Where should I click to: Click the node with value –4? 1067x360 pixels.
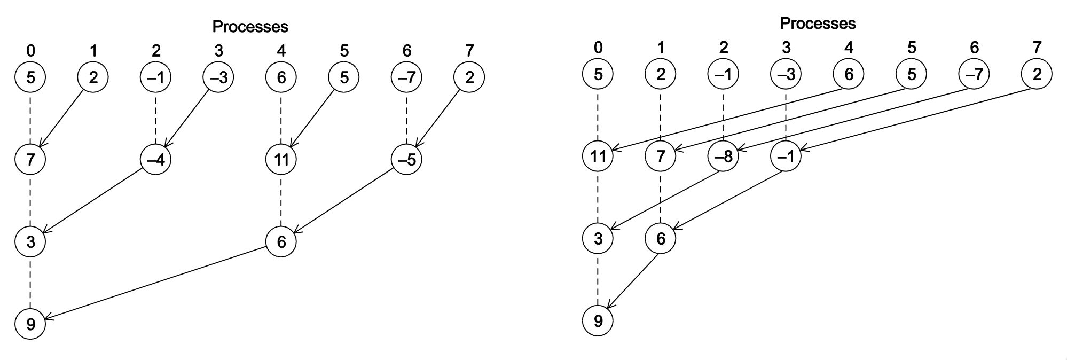click(x=155, y=159)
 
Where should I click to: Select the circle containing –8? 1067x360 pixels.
click(x=723, y=156)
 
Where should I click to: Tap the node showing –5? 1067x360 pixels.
click(x=406, y=159)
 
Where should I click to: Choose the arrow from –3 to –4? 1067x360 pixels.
click(x=187, y=119)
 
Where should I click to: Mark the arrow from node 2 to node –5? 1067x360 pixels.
click(x=438, y=119)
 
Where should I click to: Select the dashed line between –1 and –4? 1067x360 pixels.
click(x=155, y=119)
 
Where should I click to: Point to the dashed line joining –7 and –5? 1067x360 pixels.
click(x=406, y=119)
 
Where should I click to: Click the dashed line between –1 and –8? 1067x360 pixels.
click(x=723, y=115)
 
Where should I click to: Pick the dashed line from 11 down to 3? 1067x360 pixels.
click(x=598, y=197)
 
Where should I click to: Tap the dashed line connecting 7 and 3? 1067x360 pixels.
click(x=30, y=200)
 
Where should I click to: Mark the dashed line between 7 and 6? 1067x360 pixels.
click(x=661, y=197)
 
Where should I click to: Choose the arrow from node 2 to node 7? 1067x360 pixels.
click(x=62, y=119)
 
